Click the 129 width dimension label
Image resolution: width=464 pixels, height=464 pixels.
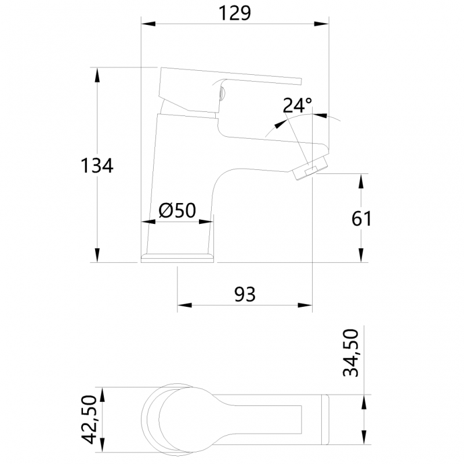tap(235, 13)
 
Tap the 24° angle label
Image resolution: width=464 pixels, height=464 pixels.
tap(297, 106)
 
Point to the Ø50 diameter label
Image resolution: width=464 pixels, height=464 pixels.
tap(177, 210)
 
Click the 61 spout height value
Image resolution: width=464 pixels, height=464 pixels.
tap(360, 219)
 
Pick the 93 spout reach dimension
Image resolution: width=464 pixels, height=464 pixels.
tap(245, 295)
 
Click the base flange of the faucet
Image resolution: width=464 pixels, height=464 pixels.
tap(177, 257)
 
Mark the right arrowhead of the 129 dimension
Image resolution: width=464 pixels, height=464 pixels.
tap(322, 24)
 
